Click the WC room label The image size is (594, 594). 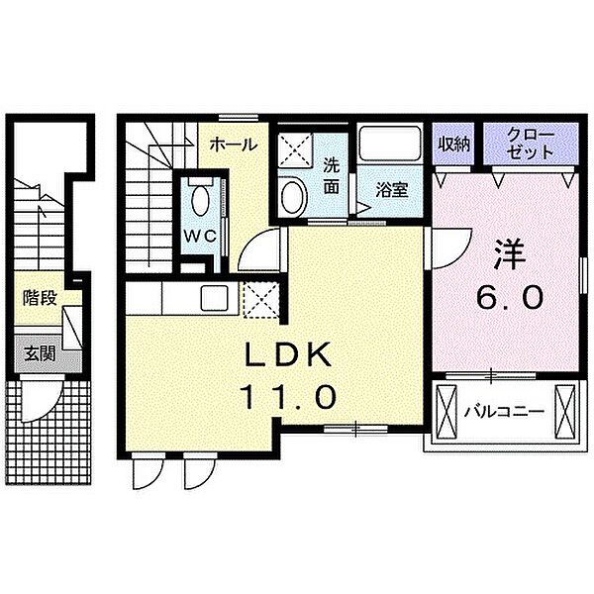(x=200, y=236)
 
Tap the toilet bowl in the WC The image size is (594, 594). (x=201, y=201)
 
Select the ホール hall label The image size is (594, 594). (x=234, y=145)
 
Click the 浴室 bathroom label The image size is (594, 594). (x=392, y=190)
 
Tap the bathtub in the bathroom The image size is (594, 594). (x=390, y=144)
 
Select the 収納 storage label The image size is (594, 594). (x=454, y=144)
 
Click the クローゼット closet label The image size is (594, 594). (x=530, y=144)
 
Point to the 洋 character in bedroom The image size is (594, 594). (x=510, y=253)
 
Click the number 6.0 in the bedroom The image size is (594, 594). (x=510, y=297)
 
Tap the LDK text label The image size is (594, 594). (x=288, y=354)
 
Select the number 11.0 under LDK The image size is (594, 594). (x=288, y=396)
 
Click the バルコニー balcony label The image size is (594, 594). (x=504, y=411)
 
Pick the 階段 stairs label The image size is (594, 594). (x=40, y=298)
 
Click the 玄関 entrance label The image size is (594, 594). (x=40, y=354)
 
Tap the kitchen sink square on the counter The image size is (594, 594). (x=215, y=298)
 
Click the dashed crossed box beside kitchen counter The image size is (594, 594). (x=260, y=299)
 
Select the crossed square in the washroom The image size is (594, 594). (x=295, y=150)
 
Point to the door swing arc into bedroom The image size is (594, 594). (x=459, y=255)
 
